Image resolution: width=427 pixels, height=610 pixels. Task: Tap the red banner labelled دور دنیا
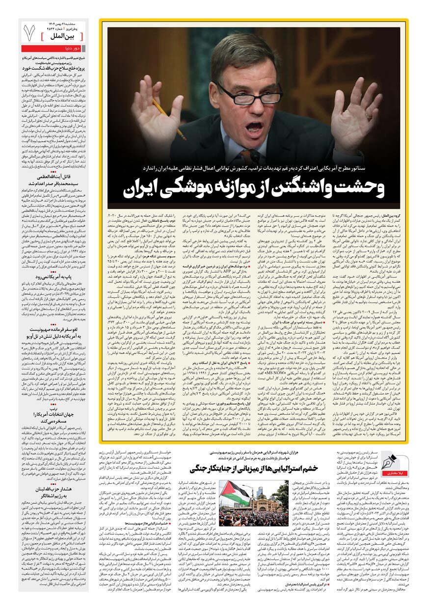point(53,48)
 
